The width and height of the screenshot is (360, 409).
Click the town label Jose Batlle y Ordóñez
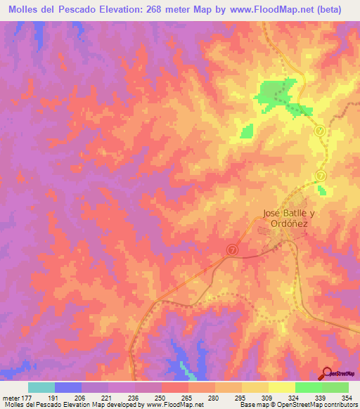(x=285, y=218)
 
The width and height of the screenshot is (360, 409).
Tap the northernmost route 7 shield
(x=319, y=130)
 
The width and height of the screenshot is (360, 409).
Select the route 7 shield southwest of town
(x=233, y=249)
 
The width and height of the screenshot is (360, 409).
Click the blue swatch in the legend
(x=68, y=387)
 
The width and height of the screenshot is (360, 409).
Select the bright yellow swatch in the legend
(x=281, y=387)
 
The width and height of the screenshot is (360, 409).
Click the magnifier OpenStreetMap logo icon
(x=327, y=372)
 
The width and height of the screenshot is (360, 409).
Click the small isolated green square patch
(x=247, y=131)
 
